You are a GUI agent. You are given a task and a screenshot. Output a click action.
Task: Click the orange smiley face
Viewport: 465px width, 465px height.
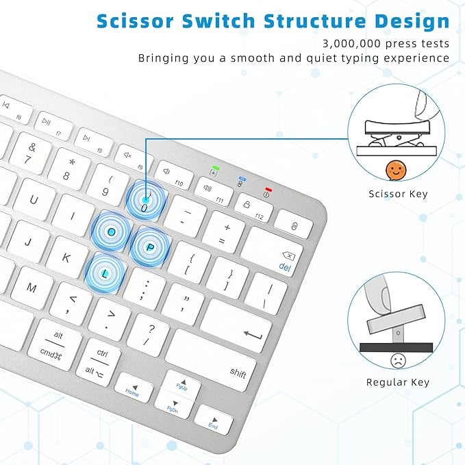[x=394, y=169]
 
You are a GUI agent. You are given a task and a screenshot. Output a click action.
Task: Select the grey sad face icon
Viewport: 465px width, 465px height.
[x=396, y=360]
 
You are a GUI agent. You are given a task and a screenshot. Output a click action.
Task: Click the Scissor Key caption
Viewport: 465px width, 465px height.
[x=398, y=194]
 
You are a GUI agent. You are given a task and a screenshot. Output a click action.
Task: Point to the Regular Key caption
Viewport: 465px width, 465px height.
[x=398, y=382]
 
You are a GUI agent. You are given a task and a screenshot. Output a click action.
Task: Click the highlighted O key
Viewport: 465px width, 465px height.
[x=112, y=231]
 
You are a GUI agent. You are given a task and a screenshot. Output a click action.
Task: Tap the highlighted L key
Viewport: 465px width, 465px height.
[x=105, y=272]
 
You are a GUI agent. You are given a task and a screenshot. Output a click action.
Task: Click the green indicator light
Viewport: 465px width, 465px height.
[x=216, y=168]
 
